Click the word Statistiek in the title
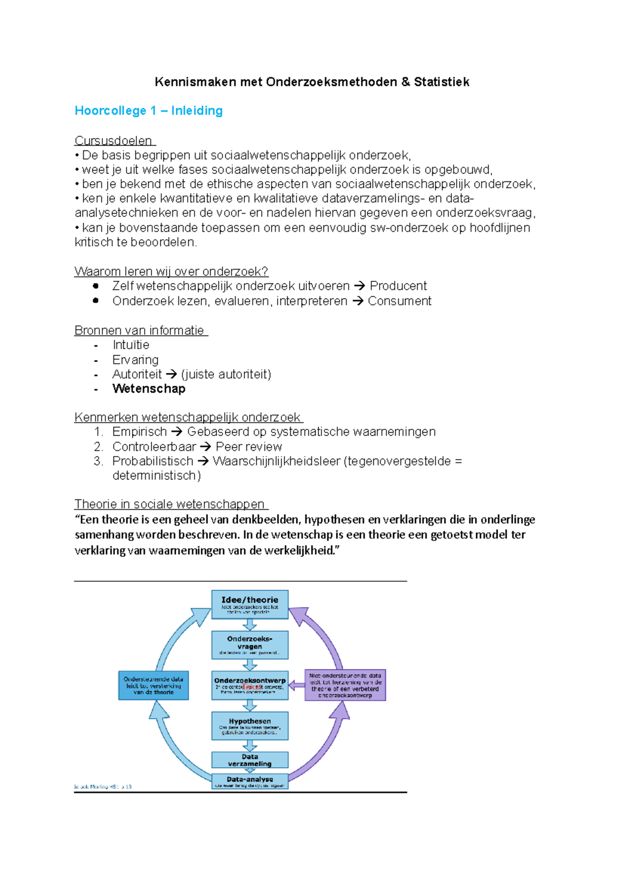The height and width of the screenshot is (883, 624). click(441, 82)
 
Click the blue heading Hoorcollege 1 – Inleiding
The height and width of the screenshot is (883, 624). click(149, 111)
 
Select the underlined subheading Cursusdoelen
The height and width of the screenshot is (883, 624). click(113, 140)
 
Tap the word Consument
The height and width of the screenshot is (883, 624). click(399, 301)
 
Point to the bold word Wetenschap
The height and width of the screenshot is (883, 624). click(149, 389)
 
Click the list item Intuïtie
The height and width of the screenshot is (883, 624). click(131, 345)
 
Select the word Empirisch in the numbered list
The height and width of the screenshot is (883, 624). click(139, 432)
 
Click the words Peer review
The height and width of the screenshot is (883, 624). click(249, 447)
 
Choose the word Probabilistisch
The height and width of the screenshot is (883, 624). click(152, 461)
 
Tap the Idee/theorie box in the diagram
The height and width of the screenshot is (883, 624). click(250, 604)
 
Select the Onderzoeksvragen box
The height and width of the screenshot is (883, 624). click(250, 645)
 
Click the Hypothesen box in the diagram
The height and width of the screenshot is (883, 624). click(250, 725)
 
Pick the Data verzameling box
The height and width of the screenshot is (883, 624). click(250, 760)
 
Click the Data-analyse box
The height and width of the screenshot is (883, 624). click(250, 781)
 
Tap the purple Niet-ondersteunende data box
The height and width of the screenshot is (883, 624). click(345, 685)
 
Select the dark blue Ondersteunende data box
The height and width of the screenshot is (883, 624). click(153, 685)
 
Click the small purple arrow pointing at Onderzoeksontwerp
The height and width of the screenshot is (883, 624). click(296, 685)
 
